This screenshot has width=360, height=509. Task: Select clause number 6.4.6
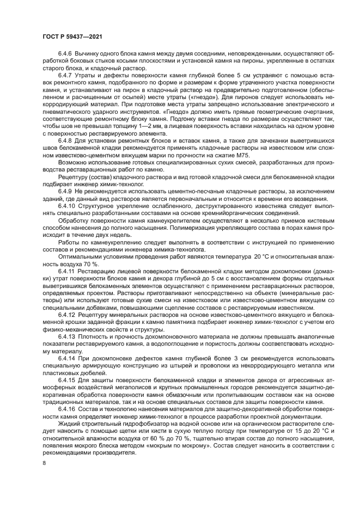point(66,53)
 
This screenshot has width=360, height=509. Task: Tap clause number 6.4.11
point(68,270)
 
